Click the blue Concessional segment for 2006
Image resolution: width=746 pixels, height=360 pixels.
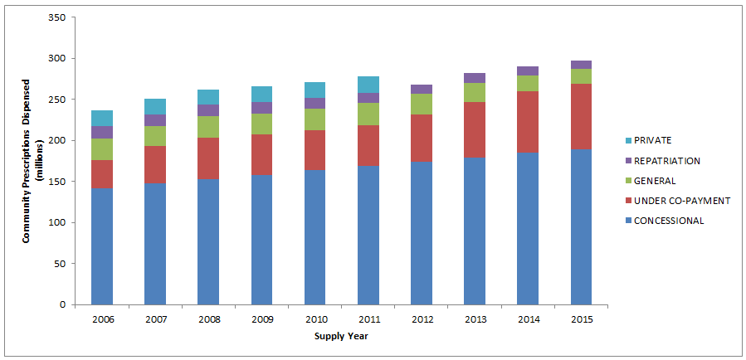point(102,246)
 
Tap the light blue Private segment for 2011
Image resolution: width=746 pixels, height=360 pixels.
point(368,85)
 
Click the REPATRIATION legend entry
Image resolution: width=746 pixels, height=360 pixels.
point(665,161)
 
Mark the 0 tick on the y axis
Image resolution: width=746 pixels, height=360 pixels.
point(63,304)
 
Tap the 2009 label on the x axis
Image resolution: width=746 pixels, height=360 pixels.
point(261,319)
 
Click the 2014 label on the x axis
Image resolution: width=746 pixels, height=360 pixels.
point(528,319)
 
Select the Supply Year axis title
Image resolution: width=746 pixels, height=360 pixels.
point(341,336)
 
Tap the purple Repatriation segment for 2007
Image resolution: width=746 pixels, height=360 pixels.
point(155,120)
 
